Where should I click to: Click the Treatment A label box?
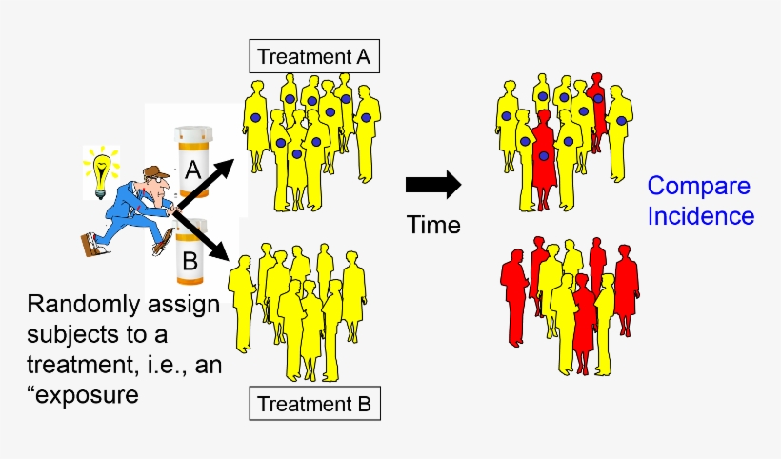coord(315,57)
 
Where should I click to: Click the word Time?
coord(433,226)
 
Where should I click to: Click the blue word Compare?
coord(699,187)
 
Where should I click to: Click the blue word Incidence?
coord(701,216)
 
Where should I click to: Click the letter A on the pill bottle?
coord(191,171)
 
